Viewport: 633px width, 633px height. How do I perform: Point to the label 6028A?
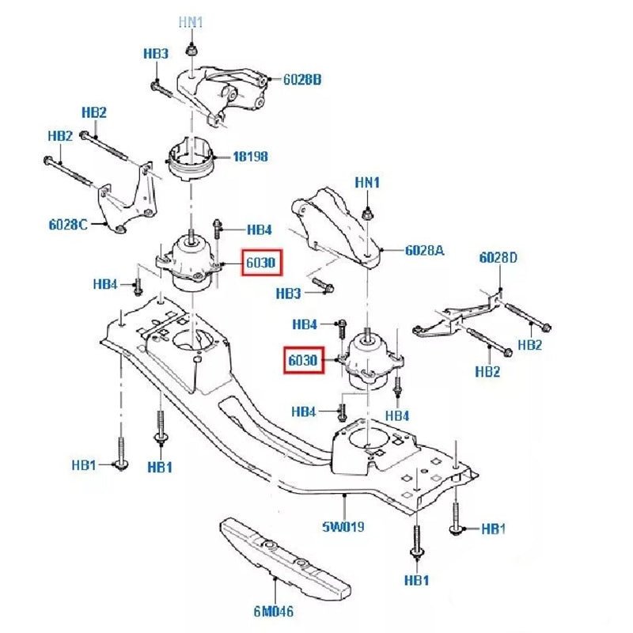(425, 250)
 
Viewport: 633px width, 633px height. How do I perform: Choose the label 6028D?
(498, 257)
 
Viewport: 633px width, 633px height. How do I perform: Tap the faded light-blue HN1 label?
(191, 22)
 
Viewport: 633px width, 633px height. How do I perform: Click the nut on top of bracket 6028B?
(191, 51)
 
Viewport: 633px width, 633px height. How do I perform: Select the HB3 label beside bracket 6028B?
(156, 54)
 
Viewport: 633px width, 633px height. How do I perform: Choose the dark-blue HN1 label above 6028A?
(367, 183)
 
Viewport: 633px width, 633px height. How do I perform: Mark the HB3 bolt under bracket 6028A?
(324, 283)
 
